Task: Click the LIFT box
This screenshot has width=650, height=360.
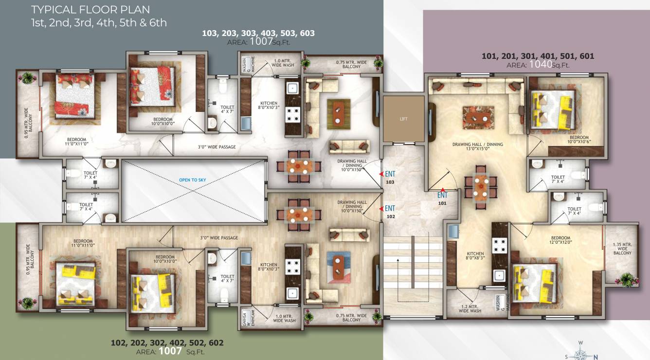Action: click(403, 119)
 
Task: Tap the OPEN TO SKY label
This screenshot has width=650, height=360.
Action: click(192, 180)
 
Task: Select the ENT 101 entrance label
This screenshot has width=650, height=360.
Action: click(442, 198)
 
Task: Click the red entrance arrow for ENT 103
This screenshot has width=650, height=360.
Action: click(382, 174)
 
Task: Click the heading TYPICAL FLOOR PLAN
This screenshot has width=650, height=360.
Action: click(90, 10)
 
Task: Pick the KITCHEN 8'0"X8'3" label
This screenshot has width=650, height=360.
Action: click(475, 256)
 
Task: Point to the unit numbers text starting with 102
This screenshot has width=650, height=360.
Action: click(167, 342)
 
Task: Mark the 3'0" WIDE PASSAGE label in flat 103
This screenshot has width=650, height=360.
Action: click(217, 146)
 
